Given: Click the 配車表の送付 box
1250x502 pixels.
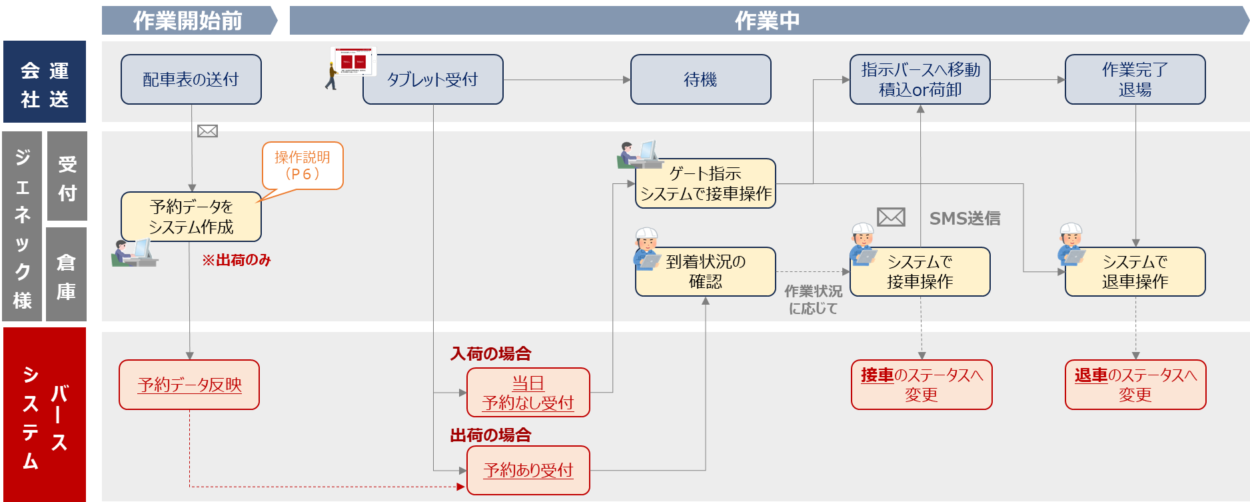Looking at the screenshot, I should click(x=191, y=79).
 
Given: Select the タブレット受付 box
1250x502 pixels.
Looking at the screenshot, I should click(x=433, y=79).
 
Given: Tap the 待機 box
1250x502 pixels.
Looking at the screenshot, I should click(x=700, y=79).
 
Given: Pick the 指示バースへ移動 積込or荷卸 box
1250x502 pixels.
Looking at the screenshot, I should click(x=920, y=79).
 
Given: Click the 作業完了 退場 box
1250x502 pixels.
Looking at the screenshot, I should click(x=1135, y=79).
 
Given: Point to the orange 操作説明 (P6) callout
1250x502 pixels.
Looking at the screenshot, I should click(x=303, y=165).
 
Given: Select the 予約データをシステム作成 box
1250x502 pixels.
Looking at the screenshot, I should click(x=191, y=217).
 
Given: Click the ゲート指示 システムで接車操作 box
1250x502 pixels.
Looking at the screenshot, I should click(x=706, y=183).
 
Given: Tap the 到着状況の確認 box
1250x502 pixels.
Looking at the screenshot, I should click(x=706, y=271).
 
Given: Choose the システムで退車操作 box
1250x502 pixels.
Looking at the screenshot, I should click(x=1135, y=271).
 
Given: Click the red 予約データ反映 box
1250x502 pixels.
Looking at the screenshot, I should click(x=189, y=385).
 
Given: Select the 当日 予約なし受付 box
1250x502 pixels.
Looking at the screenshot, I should click(x=528, y=393).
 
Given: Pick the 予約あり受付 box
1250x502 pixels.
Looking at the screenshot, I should click(x=528, y=470).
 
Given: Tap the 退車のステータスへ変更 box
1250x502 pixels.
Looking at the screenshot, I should click(x=1135, y=385).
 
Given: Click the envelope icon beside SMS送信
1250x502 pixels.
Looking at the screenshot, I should click(x=891, y=217).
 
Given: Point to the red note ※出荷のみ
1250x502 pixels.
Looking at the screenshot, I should click(x=237, y=260).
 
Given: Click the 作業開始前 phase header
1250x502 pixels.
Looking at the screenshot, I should click(x=188, y=21).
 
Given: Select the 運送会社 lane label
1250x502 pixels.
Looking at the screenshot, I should click(x=45, y=82).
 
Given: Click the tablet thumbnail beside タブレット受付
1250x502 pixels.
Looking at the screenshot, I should click(x=354, y=61).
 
